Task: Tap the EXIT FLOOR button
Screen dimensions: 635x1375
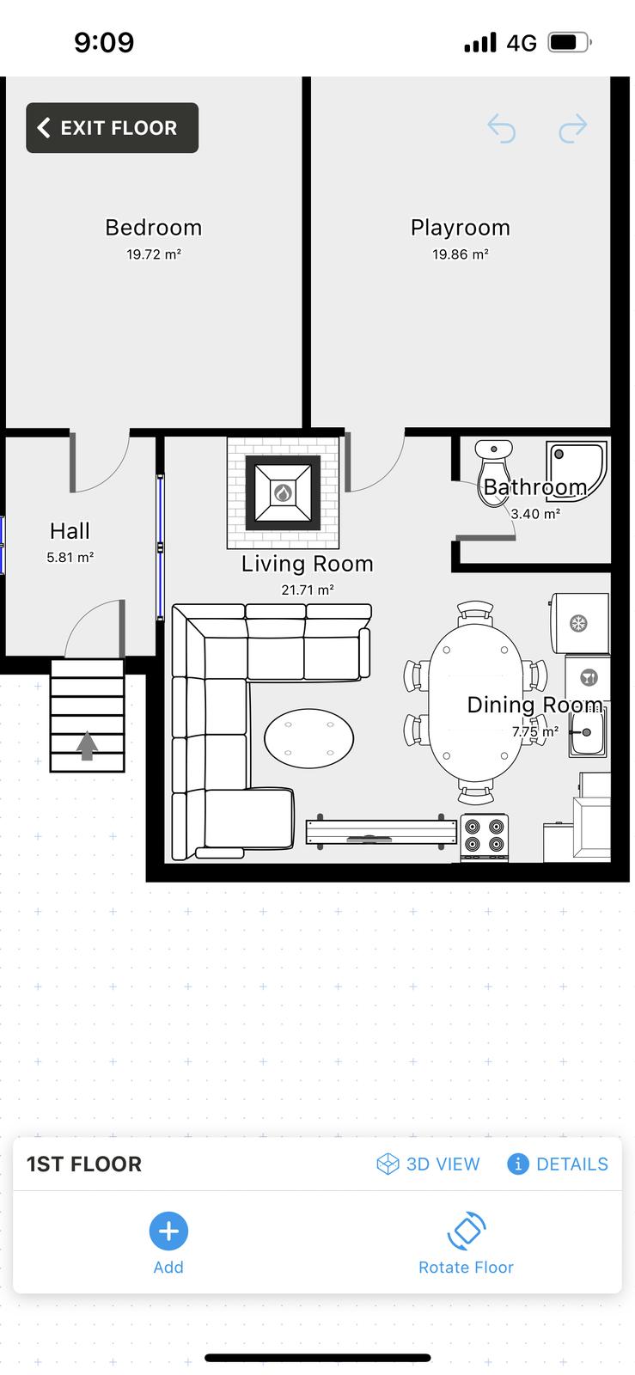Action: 112,128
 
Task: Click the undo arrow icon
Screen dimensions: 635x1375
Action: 501,128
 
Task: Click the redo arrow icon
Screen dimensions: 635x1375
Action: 573,128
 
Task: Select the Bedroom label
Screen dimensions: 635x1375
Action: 154,228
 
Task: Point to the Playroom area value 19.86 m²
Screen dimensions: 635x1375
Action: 461,254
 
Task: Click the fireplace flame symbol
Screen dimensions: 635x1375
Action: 283,492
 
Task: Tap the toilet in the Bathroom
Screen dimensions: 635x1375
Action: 494,473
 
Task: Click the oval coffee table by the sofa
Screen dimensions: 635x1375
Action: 308,738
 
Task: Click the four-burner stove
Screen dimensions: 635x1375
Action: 484,837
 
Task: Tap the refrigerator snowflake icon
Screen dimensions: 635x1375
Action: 578,624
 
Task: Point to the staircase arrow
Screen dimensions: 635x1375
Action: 87,745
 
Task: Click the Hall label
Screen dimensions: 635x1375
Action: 70,531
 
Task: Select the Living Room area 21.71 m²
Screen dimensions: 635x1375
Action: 308,590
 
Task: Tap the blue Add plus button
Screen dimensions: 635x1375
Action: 168,1231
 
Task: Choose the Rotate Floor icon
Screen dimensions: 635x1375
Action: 467,1230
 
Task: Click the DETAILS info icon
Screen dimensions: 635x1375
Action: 518,1164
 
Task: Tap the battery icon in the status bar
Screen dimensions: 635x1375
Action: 570,42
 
